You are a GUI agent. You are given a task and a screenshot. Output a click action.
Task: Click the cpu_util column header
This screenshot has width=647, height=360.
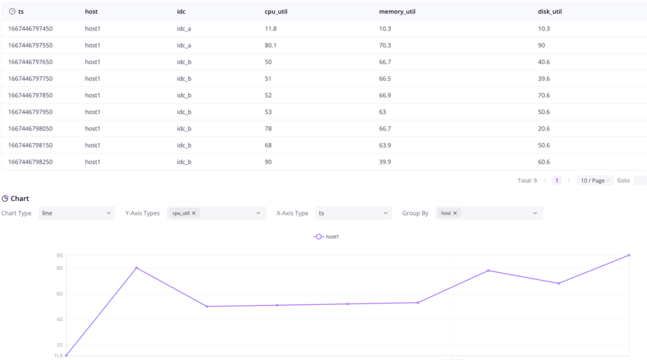[276, 11]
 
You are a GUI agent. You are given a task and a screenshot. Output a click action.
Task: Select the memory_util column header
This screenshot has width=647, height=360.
[397, 11]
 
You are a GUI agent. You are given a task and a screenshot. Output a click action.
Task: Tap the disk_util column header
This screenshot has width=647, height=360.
[550, 11]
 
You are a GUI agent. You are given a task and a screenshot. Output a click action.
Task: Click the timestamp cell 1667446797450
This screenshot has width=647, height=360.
[31, 29]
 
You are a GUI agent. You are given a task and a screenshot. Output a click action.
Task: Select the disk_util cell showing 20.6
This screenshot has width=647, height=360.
[544, 129]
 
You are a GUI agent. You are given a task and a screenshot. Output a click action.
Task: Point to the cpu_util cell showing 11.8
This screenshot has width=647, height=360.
[271, 29]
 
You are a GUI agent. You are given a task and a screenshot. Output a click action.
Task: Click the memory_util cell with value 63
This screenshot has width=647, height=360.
[383, 112]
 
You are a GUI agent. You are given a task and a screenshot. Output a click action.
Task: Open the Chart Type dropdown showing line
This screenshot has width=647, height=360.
[76, 213]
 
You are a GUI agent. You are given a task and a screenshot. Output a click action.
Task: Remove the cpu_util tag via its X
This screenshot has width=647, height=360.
[194, 213]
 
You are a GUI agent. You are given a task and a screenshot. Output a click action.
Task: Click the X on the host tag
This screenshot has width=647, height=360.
[455, 213]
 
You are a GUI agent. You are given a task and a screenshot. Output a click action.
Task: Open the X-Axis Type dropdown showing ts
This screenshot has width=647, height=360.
[353, 213]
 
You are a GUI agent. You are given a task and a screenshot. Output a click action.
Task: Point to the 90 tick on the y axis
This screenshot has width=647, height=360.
[59, 256]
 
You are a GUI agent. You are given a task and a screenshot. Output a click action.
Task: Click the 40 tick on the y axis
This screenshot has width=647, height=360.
[59, 319]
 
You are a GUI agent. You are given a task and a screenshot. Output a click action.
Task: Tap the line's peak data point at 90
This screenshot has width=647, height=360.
[629, 255]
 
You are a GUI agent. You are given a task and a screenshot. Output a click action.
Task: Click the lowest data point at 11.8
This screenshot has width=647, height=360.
[66, 355]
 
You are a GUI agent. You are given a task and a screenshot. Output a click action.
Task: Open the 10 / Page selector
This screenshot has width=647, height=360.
[595, 180]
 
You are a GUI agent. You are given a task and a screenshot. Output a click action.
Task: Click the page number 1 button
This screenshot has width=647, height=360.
[557, 180]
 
